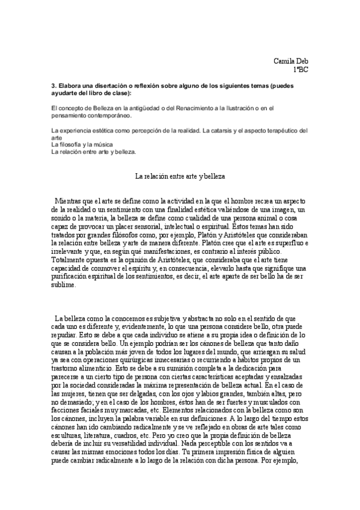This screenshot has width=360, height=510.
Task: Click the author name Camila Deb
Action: pyautogui.click(x=291, y=61)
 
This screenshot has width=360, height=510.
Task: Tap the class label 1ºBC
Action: pyautogui.click(x=301, y=70)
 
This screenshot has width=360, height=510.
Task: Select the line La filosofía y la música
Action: pyautogui.click(x=83, y=144)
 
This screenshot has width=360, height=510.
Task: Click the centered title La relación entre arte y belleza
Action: pyautogui.click(x=180, y=176)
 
